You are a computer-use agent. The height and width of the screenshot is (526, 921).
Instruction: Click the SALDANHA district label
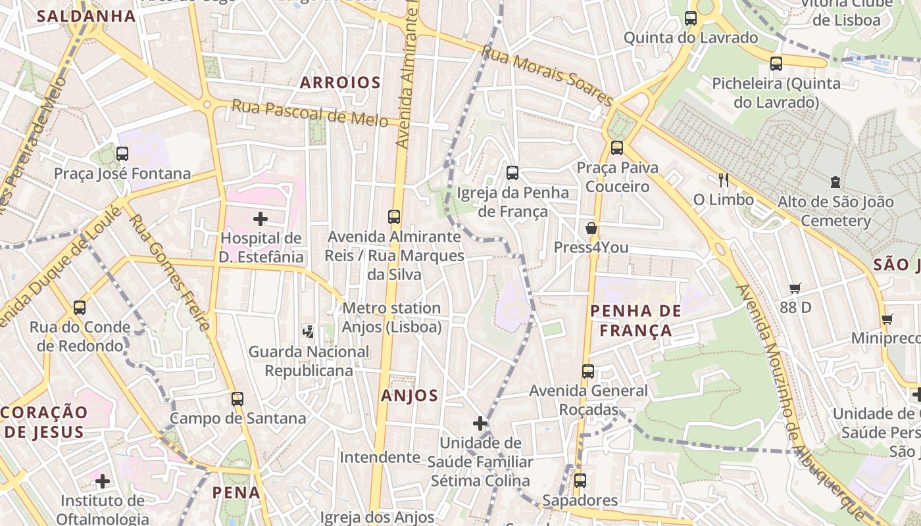tap(86, 16)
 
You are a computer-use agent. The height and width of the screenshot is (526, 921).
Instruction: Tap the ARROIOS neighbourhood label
tap(340, 82)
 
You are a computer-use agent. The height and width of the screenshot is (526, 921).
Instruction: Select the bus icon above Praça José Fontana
tap(122, 154)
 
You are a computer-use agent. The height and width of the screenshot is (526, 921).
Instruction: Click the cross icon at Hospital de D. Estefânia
tap(261, 218)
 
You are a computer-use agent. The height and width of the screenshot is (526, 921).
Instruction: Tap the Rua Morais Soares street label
tap(547, 74)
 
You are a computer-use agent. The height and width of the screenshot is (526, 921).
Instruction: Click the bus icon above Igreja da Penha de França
tap(512, 173)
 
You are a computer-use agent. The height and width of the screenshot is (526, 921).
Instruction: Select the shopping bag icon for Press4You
tap(591, 228)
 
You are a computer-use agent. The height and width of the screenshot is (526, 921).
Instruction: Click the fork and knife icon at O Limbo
tap(724, 179)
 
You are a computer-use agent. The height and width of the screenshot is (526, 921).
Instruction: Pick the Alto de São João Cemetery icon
tap(835, 181)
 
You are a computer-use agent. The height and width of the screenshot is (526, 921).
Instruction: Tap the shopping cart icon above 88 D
tap(795, 288)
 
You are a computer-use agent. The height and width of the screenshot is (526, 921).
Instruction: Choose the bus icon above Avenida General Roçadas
tap(588, 371)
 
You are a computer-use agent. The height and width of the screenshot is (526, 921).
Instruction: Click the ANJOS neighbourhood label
tap(409, 395)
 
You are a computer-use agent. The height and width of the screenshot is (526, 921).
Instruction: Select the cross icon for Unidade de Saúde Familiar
tap(480, 423)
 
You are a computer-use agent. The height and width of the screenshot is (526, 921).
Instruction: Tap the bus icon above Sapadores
tap(580, 481)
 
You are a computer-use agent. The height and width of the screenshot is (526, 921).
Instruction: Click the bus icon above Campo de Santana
tap(237, 398)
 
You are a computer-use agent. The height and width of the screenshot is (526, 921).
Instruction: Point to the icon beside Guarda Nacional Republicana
tap(308, 332)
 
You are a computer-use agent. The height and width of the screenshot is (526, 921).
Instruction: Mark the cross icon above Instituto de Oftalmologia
tap(103, 481)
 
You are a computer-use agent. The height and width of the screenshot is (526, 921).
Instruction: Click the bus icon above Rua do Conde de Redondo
tap(80, 307)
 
